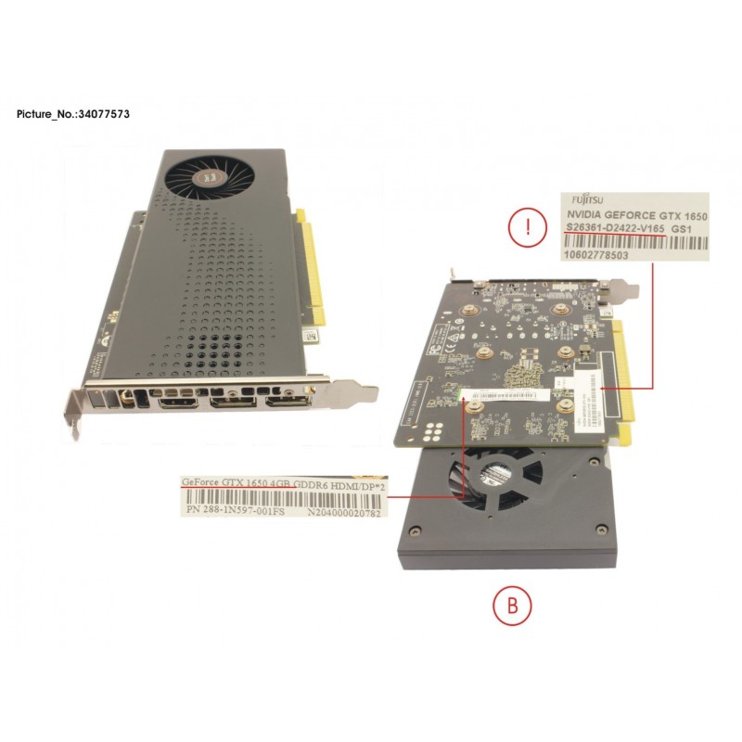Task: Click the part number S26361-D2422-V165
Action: click(x=616, y=227)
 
